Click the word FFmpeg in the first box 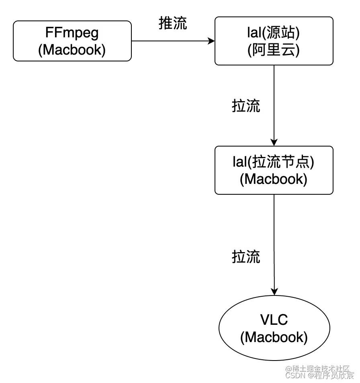[x=72, y=33]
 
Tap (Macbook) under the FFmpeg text [x=72, y=50]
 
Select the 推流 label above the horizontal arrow [x=173, y=24]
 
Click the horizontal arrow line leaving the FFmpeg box [x=169, y=41]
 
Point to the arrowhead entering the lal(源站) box [x=211, y=41]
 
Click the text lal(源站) [x=274, y=33]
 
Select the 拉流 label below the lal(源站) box [x=246, y=106]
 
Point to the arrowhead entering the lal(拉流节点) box [x=274, y=142]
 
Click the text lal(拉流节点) [x=274, y=162]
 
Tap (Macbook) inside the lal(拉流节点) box [x=274, y=179]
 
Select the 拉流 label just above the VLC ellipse [x=246, y=257]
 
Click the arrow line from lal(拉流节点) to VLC [x=274, y=241]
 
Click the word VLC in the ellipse [x=274, y=320]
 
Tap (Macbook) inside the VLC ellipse [x=274, y=337]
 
